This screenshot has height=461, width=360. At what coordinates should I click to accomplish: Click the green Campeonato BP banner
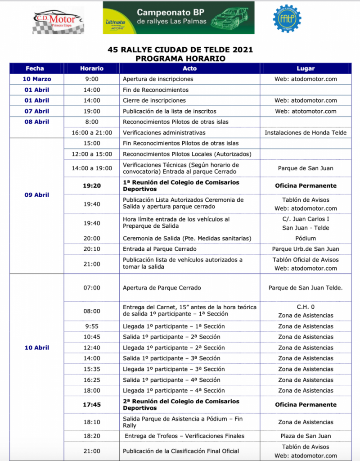pos(178,18)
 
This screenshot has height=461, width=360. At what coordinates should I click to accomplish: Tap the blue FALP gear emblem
pos(287,18)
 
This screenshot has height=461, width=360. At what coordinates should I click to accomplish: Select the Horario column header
pos(92,68)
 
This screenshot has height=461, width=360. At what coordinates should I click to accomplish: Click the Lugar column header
pos(306,68)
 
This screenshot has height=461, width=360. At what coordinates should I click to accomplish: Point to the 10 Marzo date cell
pos(37,79)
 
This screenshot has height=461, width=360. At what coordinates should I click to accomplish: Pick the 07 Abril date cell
pos(37,111)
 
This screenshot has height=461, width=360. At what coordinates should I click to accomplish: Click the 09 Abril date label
pos(37,195)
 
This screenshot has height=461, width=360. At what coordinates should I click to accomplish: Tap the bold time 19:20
pos(92,186)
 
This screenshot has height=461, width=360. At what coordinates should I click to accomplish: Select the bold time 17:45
pos(92,405)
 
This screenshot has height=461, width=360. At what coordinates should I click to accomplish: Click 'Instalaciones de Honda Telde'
pos(306,133)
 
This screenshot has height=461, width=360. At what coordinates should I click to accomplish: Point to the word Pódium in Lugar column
pos(306,238)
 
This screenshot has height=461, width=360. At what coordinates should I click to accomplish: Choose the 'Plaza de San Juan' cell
pos(306,436)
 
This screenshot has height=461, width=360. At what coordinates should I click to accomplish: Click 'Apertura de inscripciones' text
pos(158,79)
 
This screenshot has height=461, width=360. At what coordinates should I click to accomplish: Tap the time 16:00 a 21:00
pos(92,133)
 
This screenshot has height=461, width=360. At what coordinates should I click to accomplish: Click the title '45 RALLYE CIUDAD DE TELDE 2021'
pos(180,50)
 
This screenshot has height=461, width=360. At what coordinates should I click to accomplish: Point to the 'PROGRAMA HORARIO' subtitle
pos(180,59)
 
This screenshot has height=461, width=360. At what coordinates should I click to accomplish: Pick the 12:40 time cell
pos(92,348)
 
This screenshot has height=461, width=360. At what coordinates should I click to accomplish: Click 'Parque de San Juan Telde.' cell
pos(306,288)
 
